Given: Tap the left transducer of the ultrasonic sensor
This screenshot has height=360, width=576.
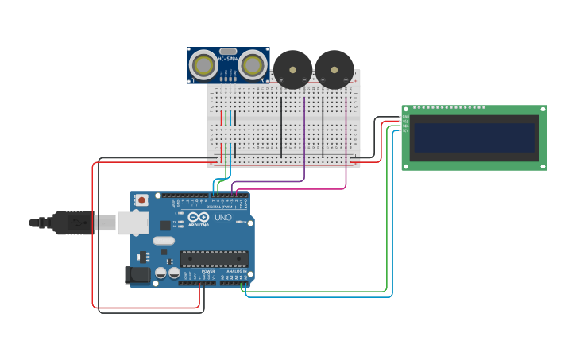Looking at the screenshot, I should (x=204, y=65).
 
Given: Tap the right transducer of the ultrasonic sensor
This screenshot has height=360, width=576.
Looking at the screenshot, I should (x=253, y=65).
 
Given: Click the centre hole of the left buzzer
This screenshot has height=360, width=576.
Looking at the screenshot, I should (x=293, y=69).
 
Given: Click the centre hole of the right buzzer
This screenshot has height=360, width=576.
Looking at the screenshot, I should (x=334, y=69).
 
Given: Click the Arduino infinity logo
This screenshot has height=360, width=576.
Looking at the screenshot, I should (x=199, y=218).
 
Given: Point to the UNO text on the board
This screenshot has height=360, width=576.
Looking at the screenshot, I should (x=222, y=218).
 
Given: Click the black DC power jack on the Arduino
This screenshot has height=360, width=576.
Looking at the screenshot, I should (x=137, y=275).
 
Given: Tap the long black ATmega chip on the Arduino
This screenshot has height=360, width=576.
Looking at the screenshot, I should (x=214, y=258).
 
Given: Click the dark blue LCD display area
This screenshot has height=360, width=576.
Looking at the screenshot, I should (x=474, y=137).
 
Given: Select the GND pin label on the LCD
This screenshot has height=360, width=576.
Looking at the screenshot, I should (x=405, y=117).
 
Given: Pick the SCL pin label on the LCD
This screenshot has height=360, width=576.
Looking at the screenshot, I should (x=405, y=130).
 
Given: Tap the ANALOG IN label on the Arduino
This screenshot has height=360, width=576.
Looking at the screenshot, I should (x=236, y=271).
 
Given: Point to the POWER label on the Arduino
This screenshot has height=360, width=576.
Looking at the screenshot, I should (x=207, y=271).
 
